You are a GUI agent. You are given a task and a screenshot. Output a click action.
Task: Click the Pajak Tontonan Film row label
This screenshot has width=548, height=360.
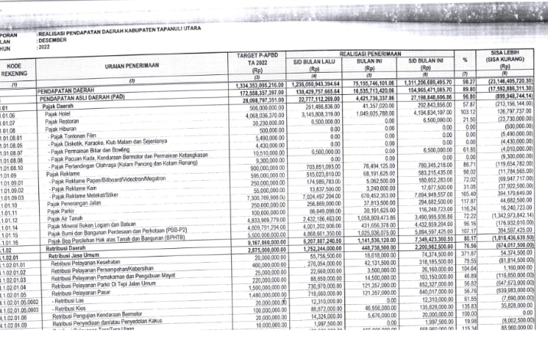[79, 137]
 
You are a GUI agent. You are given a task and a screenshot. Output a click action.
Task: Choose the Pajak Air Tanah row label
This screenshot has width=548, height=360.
[64, 218]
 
